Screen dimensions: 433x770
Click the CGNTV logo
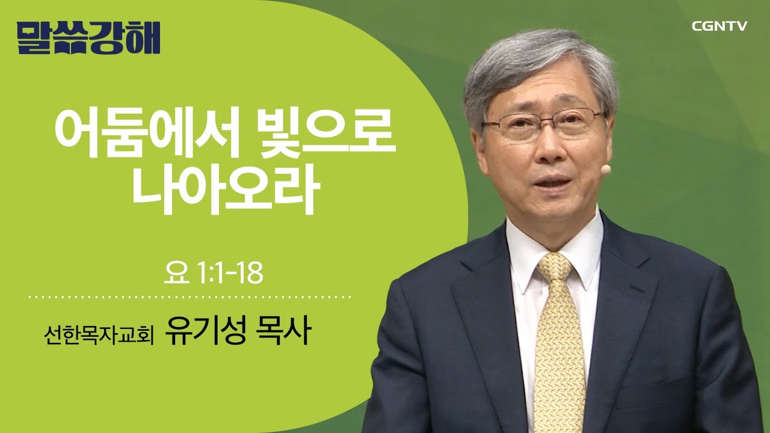pos(719,26)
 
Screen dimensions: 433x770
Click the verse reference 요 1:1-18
pos(214,274)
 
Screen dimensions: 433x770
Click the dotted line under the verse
pos(190,297)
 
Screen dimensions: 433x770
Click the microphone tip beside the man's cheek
pos(606,170)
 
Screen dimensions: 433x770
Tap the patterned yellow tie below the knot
pos(559,349)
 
